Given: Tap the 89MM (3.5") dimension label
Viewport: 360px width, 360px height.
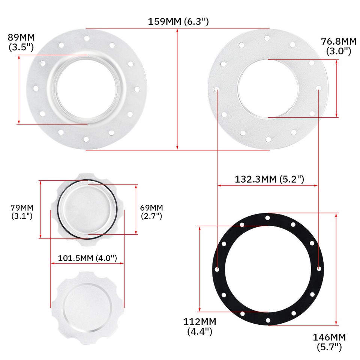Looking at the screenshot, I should (21, 42).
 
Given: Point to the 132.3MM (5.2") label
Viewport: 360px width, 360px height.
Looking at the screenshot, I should (269, 179).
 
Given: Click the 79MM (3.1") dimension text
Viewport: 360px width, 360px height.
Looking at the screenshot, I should (22, 212).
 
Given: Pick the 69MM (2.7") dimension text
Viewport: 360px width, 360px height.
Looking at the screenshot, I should (151, 212).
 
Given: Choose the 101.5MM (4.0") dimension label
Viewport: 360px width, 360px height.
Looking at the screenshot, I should (88, 258).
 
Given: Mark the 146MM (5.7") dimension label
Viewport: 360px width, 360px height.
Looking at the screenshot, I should (329, 342).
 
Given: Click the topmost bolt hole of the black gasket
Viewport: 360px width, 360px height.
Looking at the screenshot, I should (268, 218).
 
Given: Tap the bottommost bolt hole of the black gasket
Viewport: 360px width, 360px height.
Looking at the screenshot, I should (268, 320).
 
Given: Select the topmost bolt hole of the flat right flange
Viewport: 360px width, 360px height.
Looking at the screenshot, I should (267, 38).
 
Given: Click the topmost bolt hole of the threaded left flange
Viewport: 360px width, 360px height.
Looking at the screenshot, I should (86, 38).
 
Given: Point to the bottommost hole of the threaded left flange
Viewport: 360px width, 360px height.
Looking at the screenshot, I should (86, 139).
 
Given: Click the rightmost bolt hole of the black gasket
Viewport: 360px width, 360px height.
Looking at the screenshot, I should (318, 269).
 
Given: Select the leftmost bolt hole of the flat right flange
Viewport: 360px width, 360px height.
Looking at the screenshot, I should (217, 89).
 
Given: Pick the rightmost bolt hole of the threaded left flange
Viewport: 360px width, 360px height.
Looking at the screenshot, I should (137, 89).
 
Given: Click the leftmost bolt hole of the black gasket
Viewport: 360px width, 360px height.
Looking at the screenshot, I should (218, 269).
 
